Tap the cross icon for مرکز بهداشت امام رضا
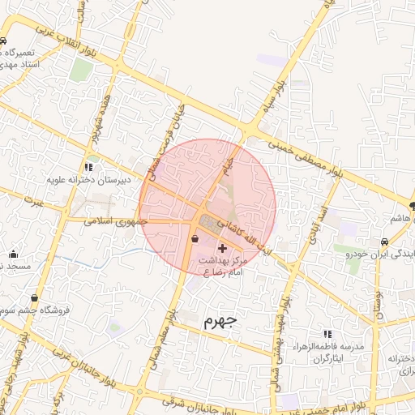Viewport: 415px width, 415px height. pyautogui.click(x=223, y=246)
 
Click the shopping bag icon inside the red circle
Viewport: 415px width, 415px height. pyautogui.click(x=195, y=238)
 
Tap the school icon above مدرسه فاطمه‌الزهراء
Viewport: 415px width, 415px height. pyautogui.click(x=327, y=333)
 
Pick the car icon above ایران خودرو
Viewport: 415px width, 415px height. pyautogui.click(x=384, y=242)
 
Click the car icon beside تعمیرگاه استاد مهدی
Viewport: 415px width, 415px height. pyautogui.click(x=4, y=41)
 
